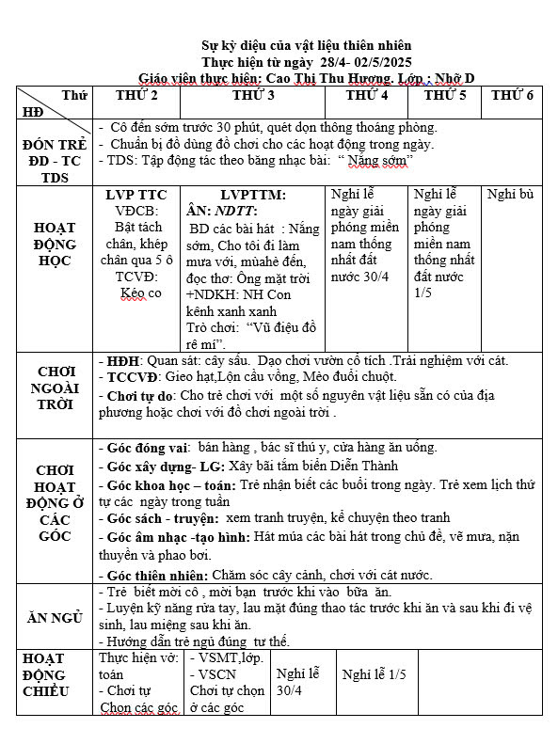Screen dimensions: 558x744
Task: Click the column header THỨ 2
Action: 136,96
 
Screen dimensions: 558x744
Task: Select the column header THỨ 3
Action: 253,96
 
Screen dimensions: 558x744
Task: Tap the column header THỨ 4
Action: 367,96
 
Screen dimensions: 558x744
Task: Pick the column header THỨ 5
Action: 445,96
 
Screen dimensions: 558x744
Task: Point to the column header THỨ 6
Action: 512,96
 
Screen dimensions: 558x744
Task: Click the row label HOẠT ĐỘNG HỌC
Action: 56,244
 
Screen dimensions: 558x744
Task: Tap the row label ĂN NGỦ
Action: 56,617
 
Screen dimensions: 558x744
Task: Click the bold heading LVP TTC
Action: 136,195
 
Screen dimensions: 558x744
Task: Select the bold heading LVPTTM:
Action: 253,195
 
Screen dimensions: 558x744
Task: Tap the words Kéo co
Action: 140,293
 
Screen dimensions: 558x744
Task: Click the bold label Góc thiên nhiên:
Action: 153,575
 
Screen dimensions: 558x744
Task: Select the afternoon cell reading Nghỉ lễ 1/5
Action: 375,674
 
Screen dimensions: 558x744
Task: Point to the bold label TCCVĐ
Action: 127,376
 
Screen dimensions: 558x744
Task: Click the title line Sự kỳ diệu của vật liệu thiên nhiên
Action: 307,45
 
